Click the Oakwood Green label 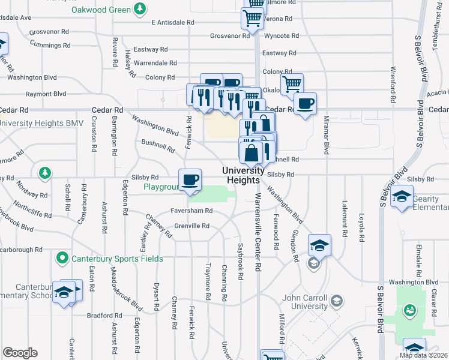(100, 10)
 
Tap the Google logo (20, 353)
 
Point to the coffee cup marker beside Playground (191, 179)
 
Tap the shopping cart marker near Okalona (292, 84)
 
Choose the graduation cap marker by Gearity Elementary (402, 197)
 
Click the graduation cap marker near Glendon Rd (319, 245)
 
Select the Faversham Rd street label (191, 211)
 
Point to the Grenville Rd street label (191, 226)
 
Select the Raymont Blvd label (46, 94)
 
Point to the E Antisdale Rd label (173, 22)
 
